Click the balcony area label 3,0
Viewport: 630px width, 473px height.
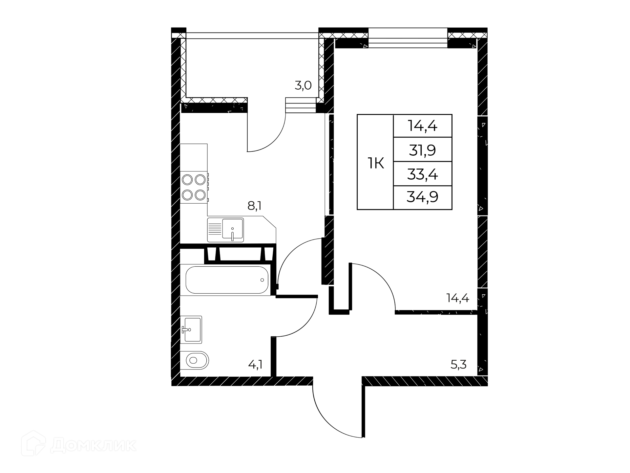pos(303,86)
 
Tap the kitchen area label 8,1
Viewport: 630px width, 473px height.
pos(254,206)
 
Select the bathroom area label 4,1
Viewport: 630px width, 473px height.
pos(255,365)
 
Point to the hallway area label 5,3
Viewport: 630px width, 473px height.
pos(458,365)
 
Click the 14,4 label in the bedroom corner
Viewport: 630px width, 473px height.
pos(458,298)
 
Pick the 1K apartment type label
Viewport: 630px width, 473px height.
pos(376,163)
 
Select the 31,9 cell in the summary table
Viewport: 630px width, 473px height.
pos(422,150)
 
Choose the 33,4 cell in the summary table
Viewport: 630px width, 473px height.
pos(422,174)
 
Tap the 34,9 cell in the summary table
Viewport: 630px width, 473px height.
pos(422,197)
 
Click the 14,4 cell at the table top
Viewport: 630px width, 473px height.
pos(422,126)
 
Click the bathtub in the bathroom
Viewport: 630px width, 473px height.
pos(227,280)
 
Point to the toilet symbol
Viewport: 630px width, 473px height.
pos(194,361)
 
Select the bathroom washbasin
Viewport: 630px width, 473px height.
pos(191,329)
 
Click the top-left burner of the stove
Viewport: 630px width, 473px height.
pos(187,180)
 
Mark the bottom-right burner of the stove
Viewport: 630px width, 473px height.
pos(200,195)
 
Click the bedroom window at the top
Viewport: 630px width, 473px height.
pos(408,38)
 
